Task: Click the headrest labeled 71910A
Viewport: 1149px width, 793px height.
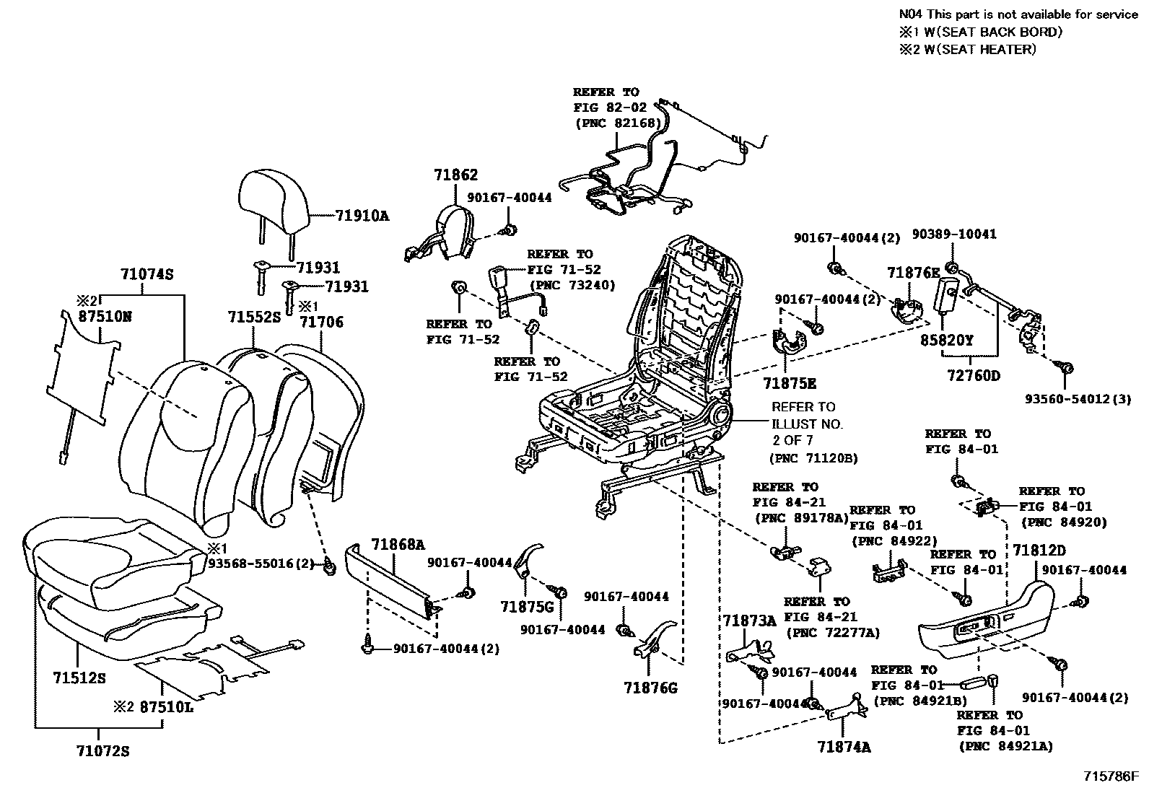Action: pos(274,205)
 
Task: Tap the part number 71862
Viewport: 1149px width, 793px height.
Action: pos(455,175)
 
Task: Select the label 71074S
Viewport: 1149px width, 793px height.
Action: pos(147,274)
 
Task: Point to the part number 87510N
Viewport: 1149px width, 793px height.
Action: pos(105,317)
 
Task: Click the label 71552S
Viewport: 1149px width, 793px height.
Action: pos(255,317)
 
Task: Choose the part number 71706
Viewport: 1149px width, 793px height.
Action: pos(322,322)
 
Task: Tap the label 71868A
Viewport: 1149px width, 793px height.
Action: pos(398,544)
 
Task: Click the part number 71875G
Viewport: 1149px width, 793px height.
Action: pos(528,607)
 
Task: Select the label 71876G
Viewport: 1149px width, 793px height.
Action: pos(650,688)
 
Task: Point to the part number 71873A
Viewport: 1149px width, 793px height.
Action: pos(750,621)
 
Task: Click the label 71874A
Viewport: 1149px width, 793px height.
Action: pos(844,747)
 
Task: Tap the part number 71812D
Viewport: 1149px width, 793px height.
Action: pos(1039,551)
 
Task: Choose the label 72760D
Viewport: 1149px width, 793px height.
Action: pos(974,376)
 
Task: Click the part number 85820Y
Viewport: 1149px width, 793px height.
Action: pos(946,341)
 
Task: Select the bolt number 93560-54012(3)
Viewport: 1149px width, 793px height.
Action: pos(1078,399)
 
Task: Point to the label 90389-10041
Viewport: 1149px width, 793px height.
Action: pos(954,235)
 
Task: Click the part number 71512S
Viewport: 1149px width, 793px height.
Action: pos(79,678)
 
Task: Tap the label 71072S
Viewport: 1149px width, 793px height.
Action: pos(102,751)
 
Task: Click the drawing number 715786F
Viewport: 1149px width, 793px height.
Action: pos(1111,776)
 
